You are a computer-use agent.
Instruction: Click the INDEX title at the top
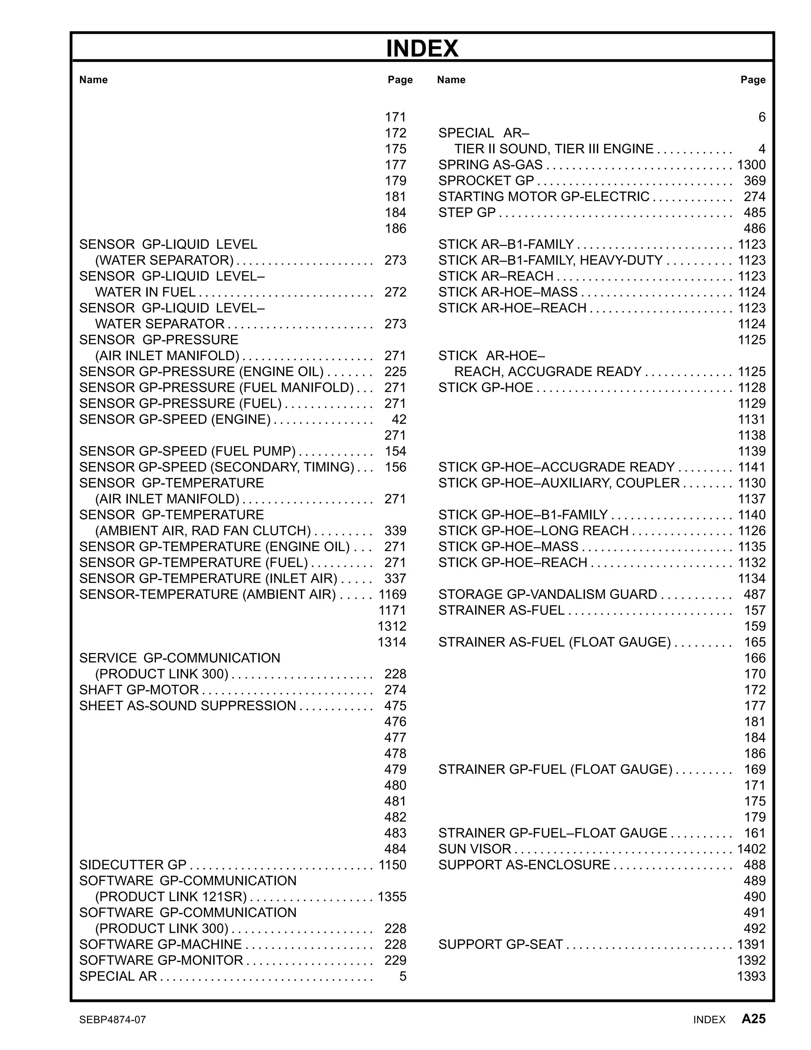click(x=422, y=49)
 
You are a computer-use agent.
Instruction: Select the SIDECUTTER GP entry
click(x=133, y=865)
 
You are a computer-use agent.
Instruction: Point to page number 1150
click(x=392, y=865)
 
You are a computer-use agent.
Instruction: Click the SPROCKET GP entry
click(x=486, y=180)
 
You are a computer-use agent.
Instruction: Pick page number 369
click(x=754, y=180)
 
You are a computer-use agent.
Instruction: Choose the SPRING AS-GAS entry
click(x=490, y=164)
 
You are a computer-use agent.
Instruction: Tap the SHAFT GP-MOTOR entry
click(x=139, y=689)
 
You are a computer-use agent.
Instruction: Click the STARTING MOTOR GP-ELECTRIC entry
click(x=543, y=196)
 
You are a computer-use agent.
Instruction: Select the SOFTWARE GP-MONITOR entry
click(x=161, y=960)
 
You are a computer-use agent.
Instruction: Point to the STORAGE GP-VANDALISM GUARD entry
click(x=547, y=594)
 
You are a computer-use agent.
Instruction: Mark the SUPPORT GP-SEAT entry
click(x=500, y=944)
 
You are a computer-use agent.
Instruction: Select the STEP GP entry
click(x=466, y=212)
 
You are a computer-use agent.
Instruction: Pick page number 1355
click(x=392, y=897)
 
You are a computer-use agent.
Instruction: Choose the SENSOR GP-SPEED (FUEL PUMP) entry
click(x=187, y=451)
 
